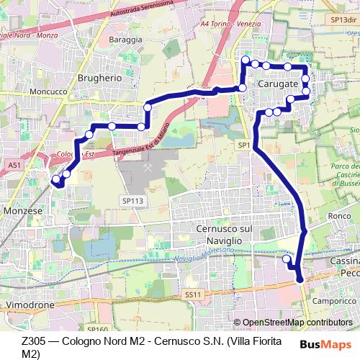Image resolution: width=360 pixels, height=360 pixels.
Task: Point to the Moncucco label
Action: click(48, 93)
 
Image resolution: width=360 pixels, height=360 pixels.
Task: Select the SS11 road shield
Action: click(191, 294)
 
